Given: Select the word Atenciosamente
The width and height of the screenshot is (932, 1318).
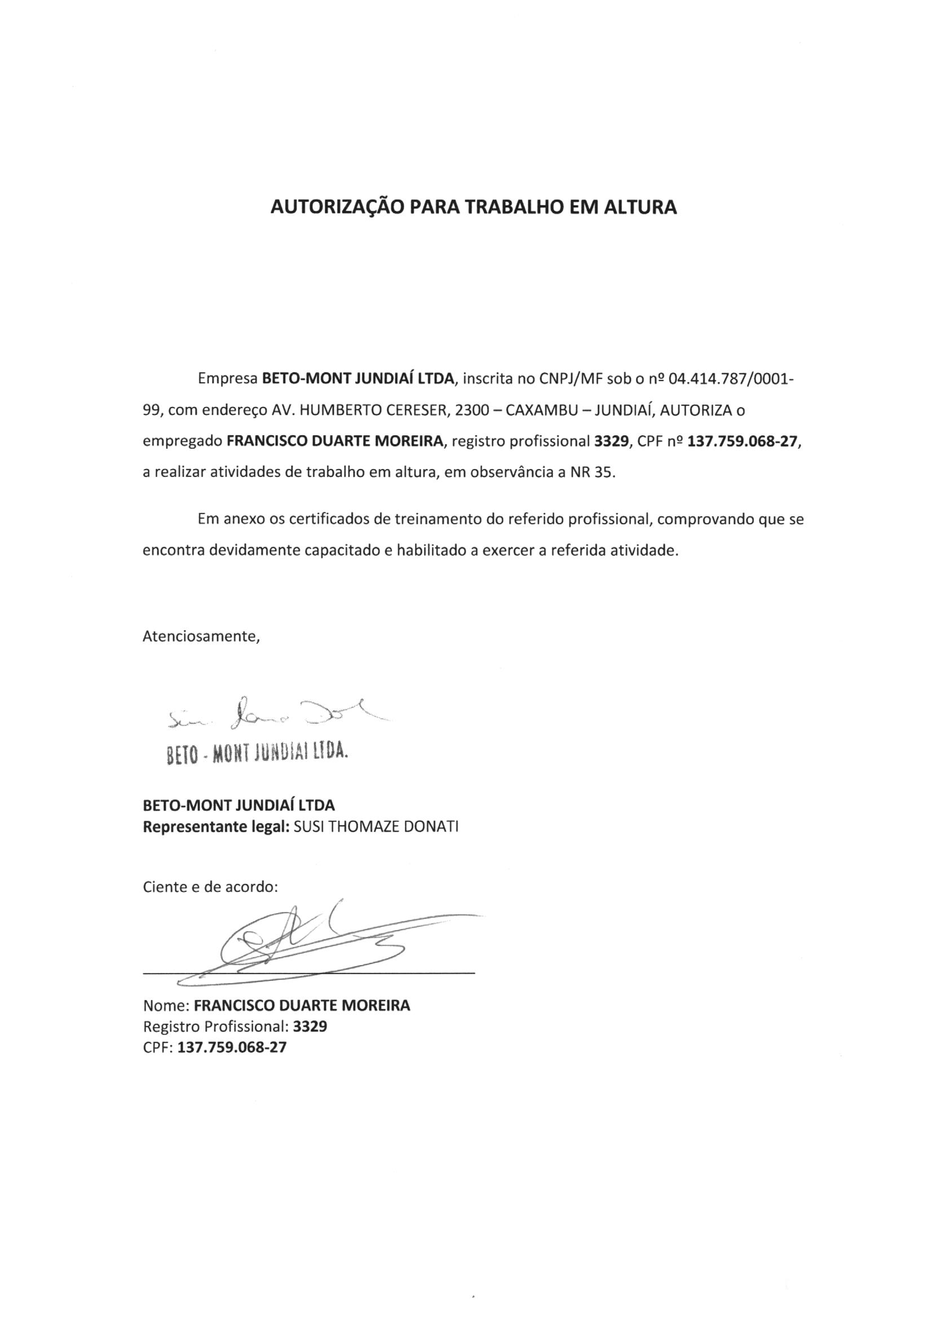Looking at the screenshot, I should pyautogui.click(x=201, y=636).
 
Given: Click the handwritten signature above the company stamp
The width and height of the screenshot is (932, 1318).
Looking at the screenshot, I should pyautogui.click(x=276, y=715).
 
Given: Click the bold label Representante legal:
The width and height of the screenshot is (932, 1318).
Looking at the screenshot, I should pyautogui.click(x=215, y=827).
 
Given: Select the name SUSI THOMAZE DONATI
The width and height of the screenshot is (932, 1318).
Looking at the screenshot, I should pyautogui.click(x=376, y=827).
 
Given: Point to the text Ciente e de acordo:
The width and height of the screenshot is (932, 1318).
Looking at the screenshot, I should pyautogui.click(x=210, y=887).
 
